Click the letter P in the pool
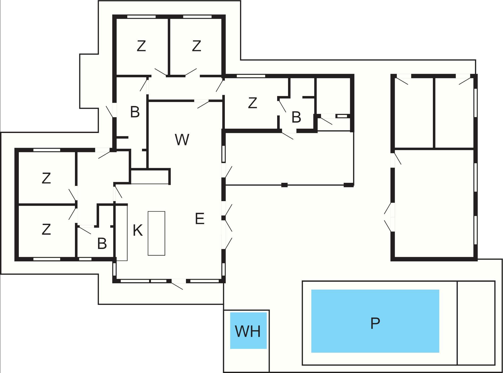(x=375, y=323)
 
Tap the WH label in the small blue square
(x=248, y=331)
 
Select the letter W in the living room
(x=182, y=140)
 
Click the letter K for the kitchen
(x=138, y=230)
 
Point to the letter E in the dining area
(x=200, y=219)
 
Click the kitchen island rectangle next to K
(x=156, y=233)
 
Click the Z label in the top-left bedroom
(x=141, y=46)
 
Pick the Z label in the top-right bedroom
(x=196, y=46)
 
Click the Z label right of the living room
(x=252, y=103)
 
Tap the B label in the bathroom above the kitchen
(x=135, y=112)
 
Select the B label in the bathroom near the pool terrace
(x=296, y=117)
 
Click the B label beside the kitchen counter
(x=102, y=243)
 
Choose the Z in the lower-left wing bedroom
(x=46, y=229)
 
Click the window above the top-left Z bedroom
(x=141, y=17)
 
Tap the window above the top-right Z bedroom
(x=197, y=17)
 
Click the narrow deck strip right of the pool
(x=476, y=323)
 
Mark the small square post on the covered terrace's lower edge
(x=284, y=185)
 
